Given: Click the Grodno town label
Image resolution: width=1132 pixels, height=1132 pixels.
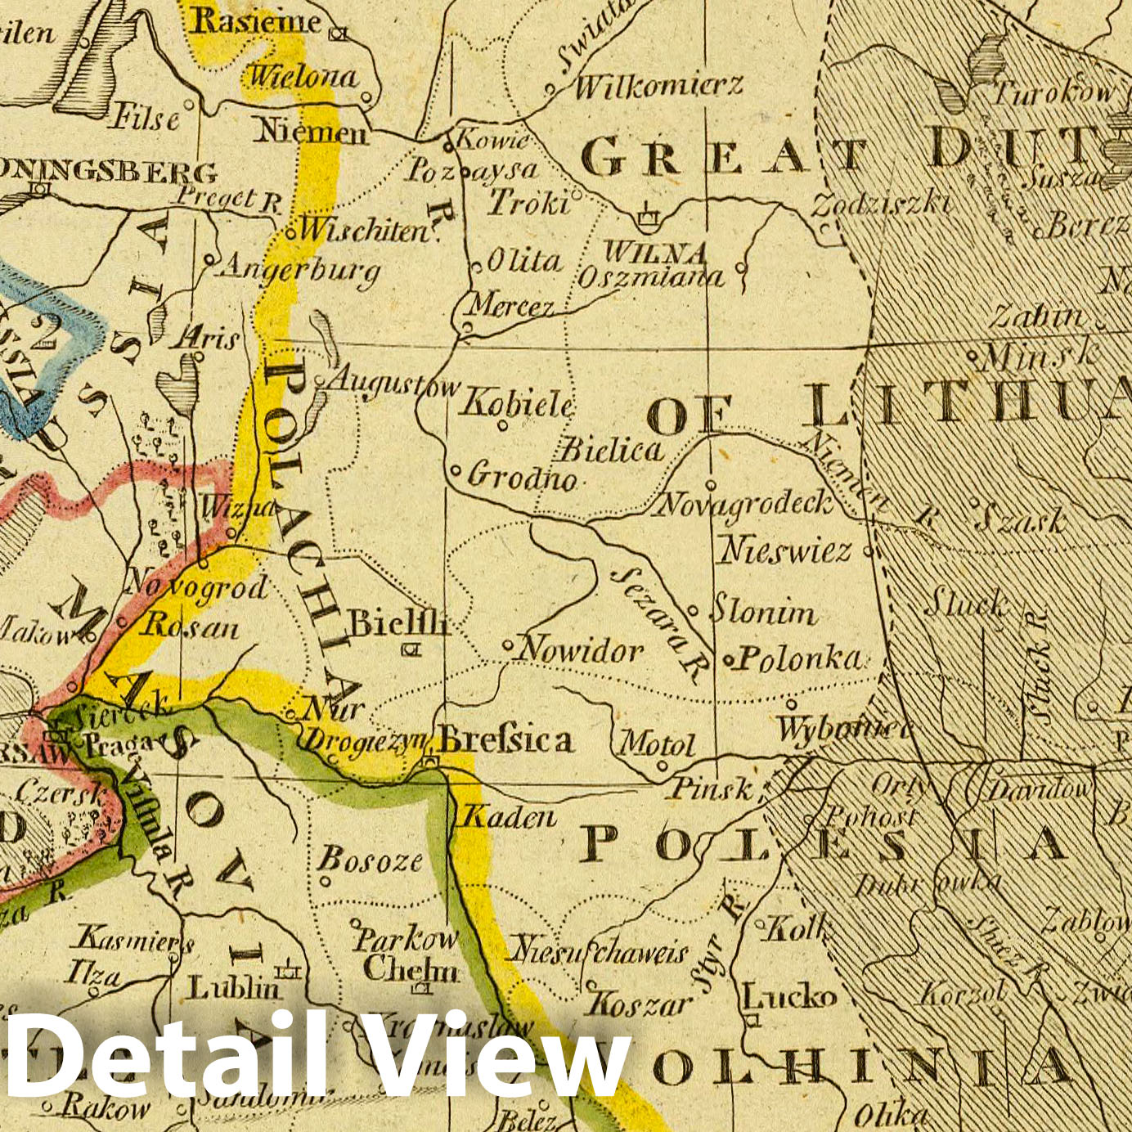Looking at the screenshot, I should coord(522,476).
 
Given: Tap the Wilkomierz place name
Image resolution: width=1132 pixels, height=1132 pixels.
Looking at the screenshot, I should coord(659,85).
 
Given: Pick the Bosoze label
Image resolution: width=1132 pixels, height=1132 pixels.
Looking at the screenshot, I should coord(370,859).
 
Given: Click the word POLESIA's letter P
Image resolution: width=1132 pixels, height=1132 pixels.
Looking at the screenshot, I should coord(600,844).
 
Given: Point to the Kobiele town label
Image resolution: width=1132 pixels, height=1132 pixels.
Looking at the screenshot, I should coord(517,403).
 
